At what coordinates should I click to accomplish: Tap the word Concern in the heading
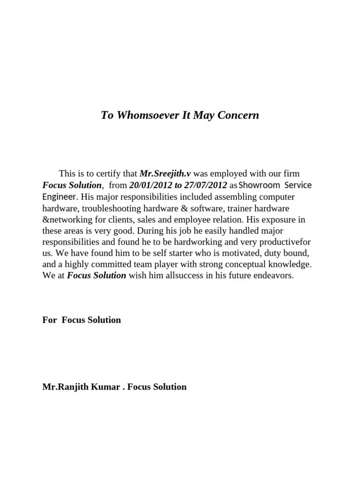click(237, 115)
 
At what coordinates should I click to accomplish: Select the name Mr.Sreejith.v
click(165, 174)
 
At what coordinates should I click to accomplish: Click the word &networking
click(67, 219)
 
